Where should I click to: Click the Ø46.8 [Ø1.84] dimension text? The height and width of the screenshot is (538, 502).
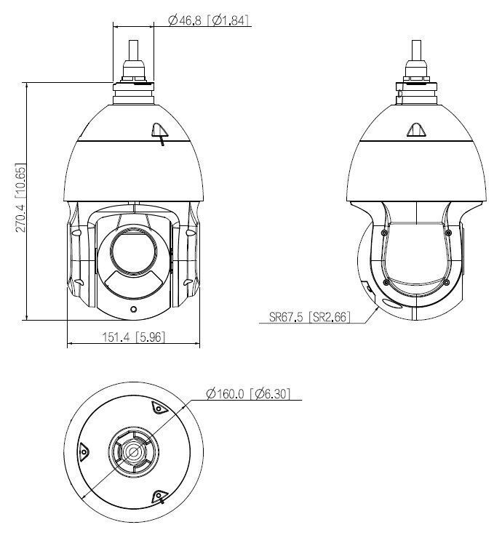point(209,20)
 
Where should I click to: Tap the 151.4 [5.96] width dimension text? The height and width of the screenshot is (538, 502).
point(133,337)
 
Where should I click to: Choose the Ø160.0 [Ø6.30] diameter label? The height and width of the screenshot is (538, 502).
point(248,394)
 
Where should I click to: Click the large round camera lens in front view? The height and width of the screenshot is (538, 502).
point(133,251)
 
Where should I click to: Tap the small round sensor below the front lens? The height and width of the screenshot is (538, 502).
point(133,308)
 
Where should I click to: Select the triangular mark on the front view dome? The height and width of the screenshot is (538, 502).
point(159,130)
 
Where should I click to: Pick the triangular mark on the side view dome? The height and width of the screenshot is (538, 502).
point(416,130)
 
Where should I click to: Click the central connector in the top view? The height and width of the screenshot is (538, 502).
point(133,451)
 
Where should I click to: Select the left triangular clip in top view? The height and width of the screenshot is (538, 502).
point(84,451)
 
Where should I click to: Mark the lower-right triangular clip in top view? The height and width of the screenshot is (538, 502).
point(158,495)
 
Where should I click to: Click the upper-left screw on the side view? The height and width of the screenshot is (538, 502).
point(383,232)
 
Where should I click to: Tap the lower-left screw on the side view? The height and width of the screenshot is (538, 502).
point(383,282)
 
